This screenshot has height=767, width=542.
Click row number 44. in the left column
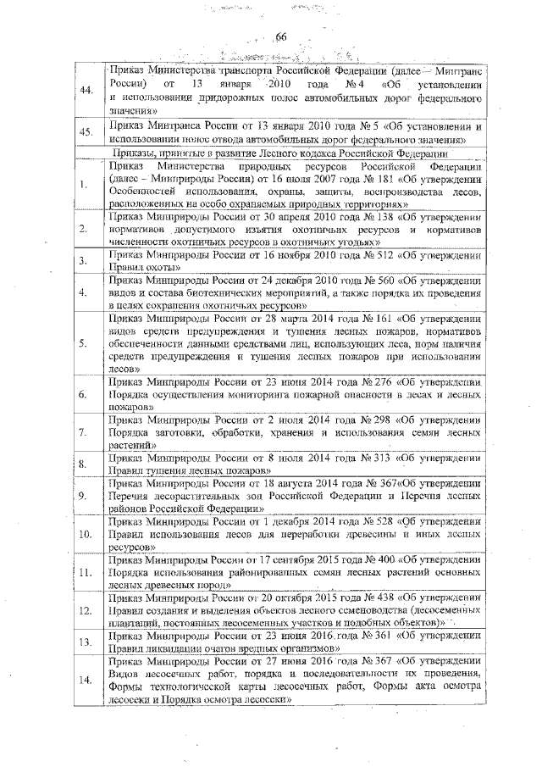(x=85, y=91)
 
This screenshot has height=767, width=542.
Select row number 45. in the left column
(x=85, y=132)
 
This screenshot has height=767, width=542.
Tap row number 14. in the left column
(x=85, y=680)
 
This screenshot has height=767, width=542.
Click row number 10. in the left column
(x=85, y=535)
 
